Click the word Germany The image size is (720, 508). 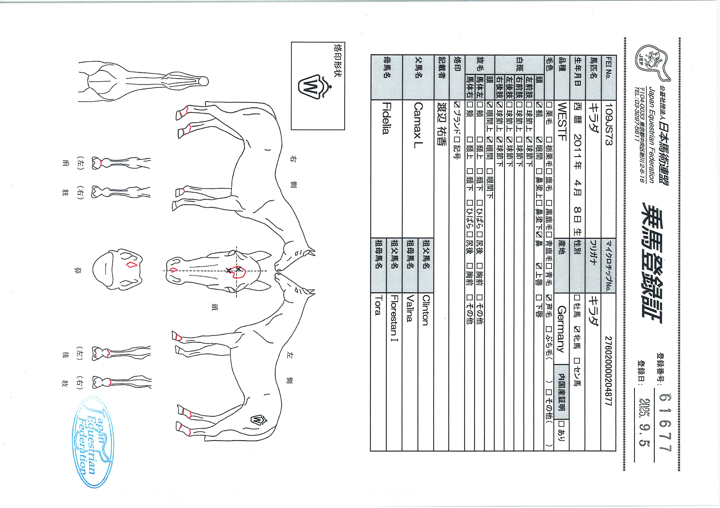click(x=561, y=329)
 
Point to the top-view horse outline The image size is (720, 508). click(x=143, y=81)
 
